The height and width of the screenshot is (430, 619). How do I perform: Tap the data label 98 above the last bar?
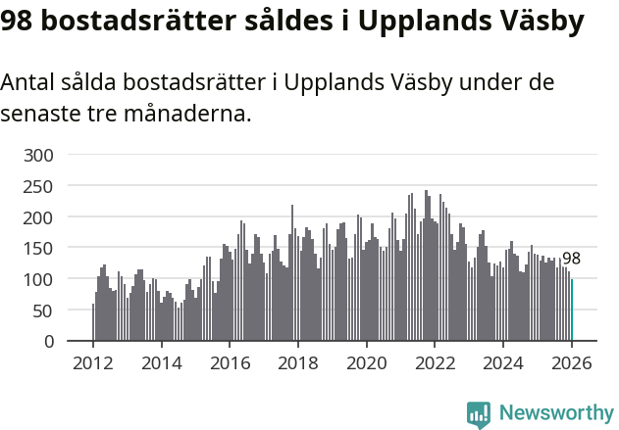click(571, 260)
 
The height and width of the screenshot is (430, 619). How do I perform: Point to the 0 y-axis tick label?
click(52, 342)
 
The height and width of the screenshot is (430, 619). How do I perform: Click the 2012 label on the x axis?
click(93, 363)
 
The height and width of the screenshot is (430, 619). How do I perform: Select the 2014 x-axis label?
click(162, 363)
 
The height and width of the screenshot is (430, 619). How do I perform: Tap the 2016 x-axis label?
click(231, 363)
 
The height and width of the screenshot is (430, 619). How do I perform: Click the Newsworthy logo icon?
click(479, 414)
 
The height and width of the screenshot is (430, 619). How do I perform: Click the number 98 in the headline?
click(19, 22)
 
